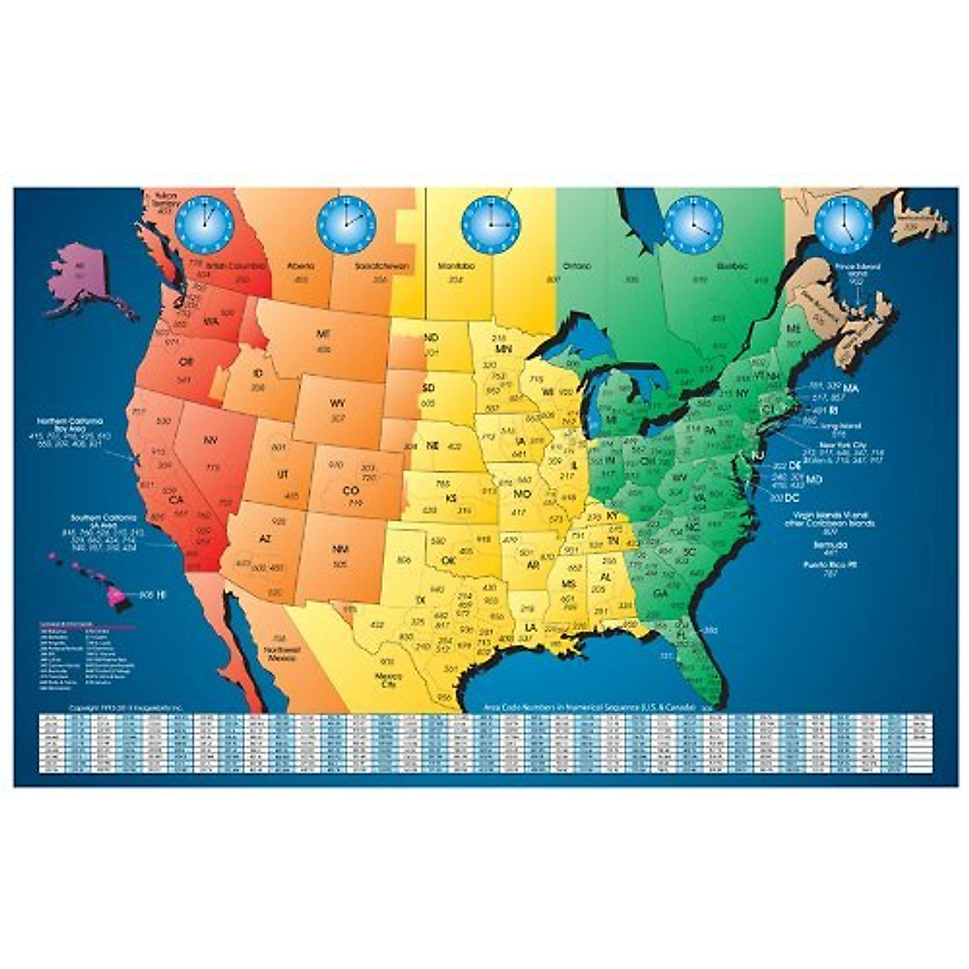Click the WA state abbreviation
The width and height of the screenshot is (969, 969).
(212, 321)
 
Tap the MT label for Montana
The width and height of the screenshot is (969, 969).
(324, 333)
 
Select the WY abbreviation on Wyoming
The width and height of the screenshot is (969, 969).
(338, 401)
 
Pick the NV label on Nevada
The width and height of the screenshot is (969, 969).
(212, 441)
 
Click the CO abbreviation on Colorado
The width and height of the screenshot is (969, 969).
(350, 490)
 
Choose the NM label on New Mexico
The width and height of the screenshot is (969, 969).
(340, 549)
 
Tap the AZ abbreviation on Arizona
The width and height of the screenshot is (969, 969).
(263, 539)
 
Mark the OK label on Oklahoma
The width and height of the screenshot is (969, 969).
(448, 560)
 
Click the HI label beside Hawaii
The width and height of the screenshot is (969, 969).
(161, 594)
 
